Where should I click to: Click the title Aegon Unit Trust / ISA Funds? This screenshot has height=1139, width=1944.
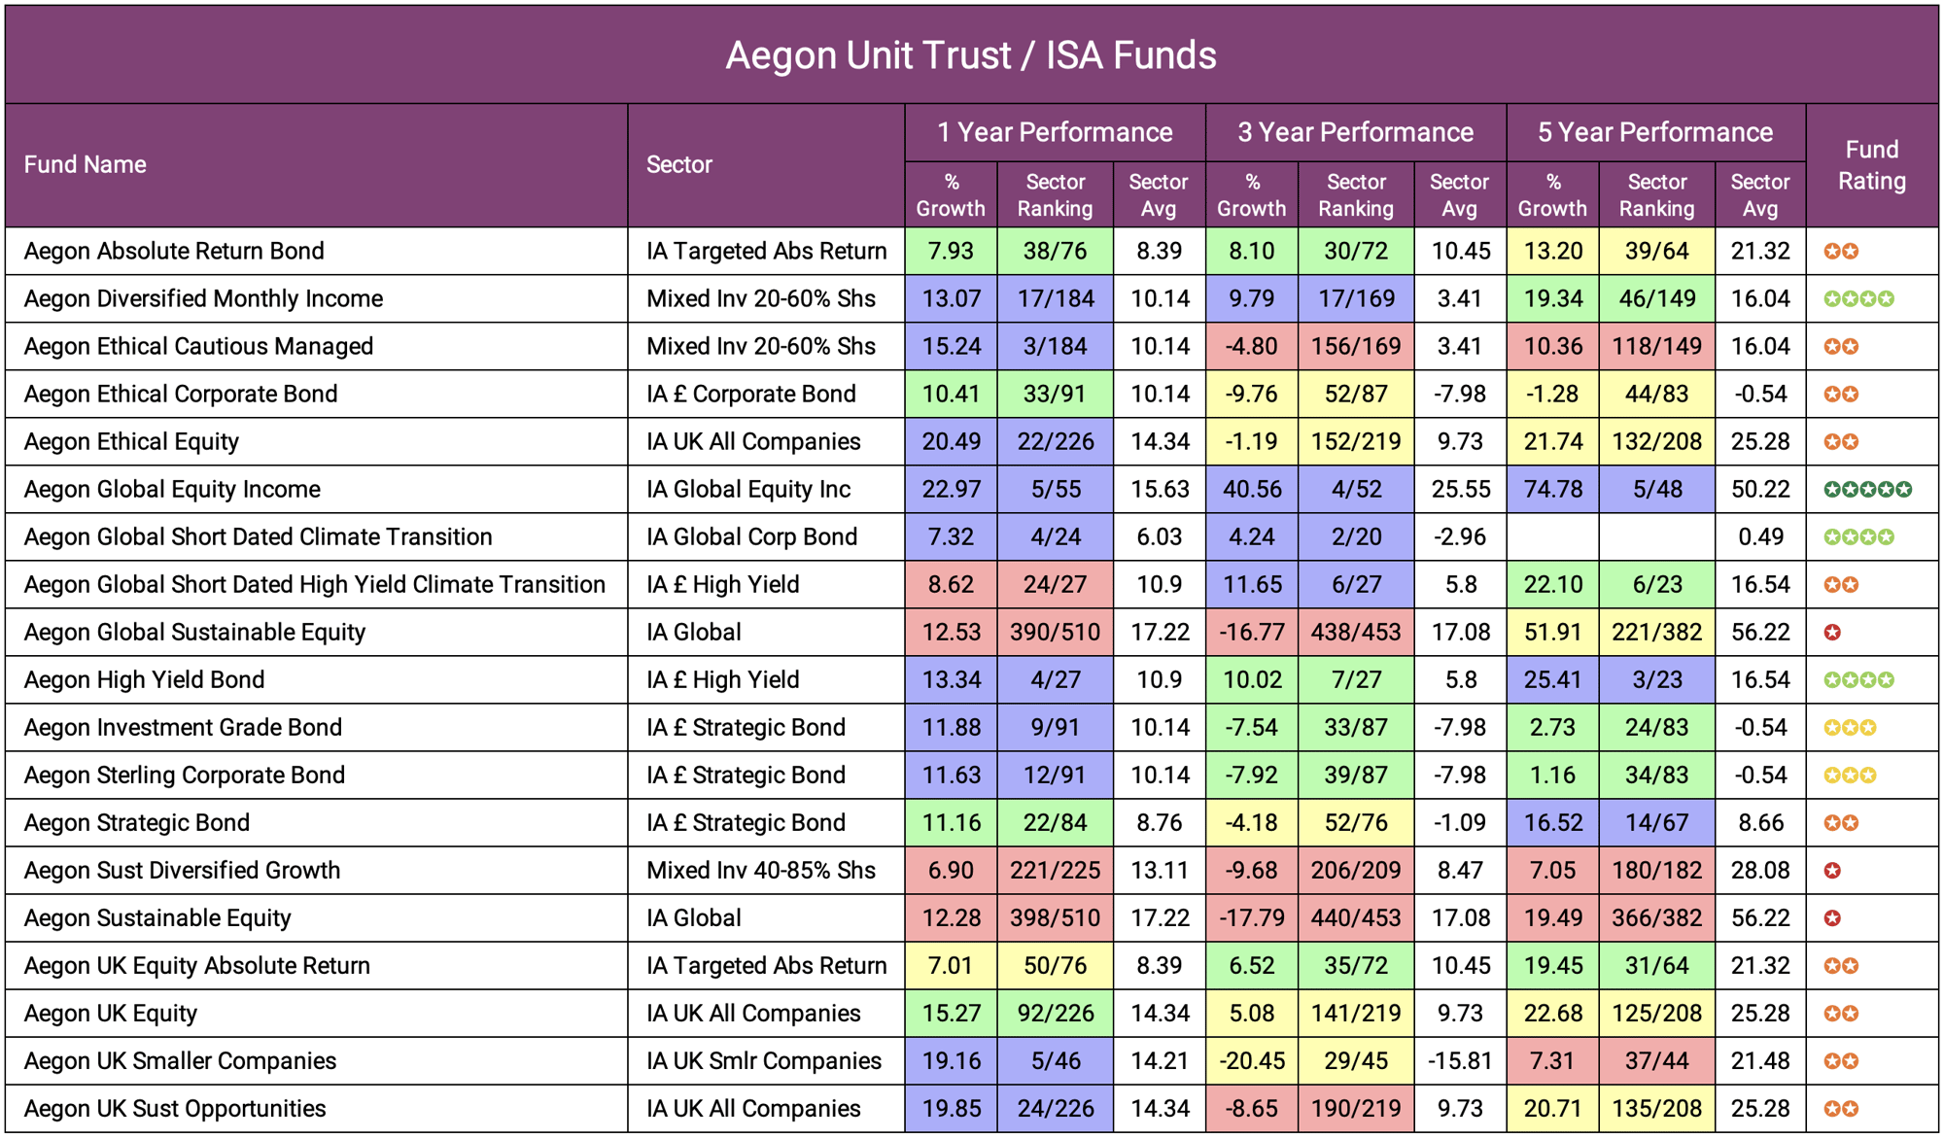[x=970, y=55]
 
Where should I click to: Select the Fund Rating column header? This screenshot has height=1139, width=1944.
[x=1871, y=165]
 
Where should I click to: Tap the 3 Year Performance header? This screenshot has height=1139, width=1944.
[x=1355, y=132]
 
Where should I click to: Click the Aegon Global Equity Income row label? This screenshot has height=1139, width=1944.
[x=172, y=489]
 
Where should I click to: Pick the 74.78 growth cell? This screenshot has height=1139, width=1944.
[x=1552, y=489]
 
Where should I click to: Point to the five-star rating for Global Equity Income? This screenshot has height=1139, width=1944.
[x=1867, y=489]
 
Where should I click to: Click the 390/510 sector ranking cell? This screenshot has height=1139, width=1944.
[x=1055, y=632]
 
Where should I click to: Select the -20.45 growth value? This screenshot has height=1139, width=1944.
[x=1251, y=1060]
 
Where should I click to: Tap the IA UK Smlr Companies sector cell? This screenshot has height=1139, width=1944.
[x=764, y=1060]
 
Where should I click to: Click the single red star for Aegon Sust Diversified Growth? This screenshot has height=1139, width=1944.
[x=1832, y=870]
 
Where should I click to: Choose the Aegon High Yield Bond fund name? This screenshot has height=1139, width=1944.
[x=144, y=679]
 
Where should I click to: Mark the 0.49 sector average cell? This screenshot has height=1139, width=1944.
[x=1760, y=536]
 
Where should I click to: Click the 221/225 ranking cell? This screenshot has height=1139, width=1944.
[x=1055, y=870]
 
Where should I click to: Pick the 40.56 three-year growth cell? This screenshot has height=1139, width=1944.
[x=1251, y=489]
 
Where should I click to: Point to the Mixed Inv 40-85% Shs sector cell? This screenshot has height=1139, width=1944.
[x=761, y=870]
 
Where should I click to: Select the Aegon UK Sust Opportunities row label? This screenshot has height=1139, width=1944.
[x=175, y=1108]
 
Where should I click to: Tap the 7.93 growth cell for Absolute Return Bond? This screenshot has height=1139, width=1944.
[x=951, y=251]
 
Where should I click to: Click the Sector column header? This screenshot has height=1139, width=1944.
[x=679, y=164]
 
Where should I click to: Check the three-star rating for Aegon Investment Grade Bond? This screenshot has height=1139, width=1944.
[x=1849, y=727]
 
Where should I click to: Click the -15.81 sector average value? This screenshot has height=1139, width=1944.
[x=1459, y=1060]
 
